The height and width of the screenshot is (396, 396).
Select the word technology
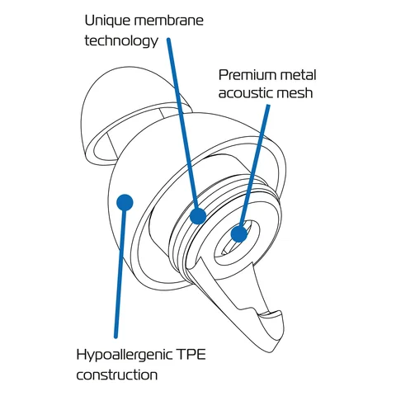tap(121, 41)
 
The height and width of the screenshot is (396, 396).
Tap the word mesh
tap(295, 92)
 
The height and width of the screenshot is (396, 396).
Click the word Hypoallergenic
tap(123, 356)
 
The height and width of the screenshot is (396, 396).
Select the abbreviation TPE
tap(191, 355)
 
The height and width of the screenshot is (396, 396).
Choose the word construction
tap(117, 375)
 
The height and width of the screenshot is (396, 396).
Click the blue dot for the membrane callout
tap(198, 215)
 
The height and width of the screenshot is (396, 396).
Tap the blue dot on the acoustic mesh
tap(239, 234)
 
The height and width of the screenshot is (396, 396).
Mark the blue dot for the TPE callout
tap(125, 203)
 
